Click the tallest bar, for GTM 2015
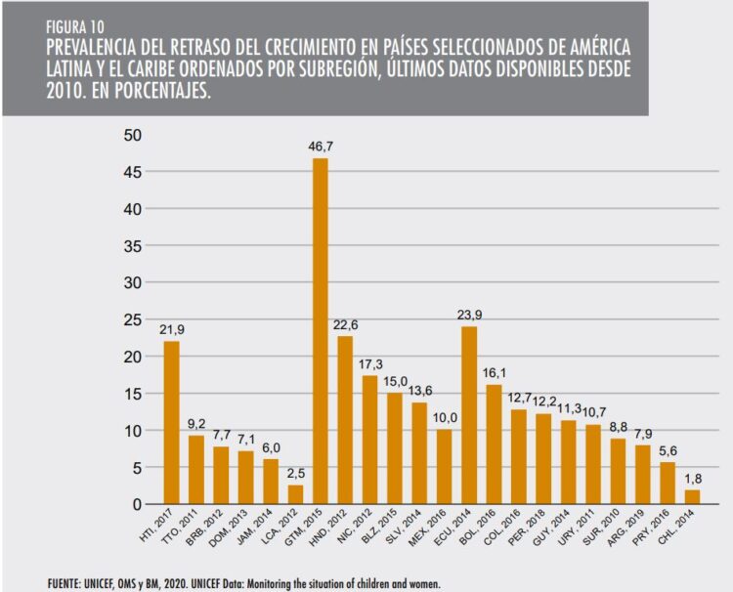(x=320, y=331)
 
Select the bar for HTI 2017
(x=171, y=422)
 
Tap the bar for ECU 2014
(x=468, y=415)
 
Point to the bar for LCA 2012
(x=294, y=494)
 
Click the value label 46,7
(x=320, y=147)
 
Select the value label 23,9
(x=468, y=315)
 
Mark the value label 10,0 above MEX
(x=444, y=417)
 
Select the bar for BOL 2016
(x=493, y=444)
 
